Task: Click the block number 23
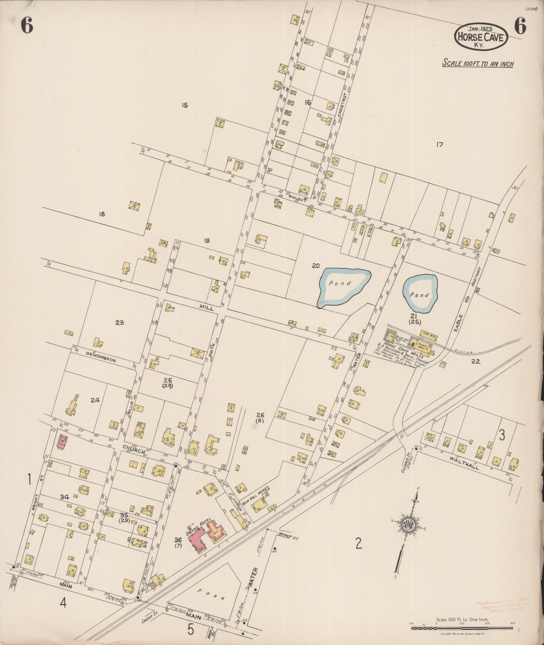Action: (119, 323)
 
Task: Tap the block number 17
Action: (439, 145)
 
